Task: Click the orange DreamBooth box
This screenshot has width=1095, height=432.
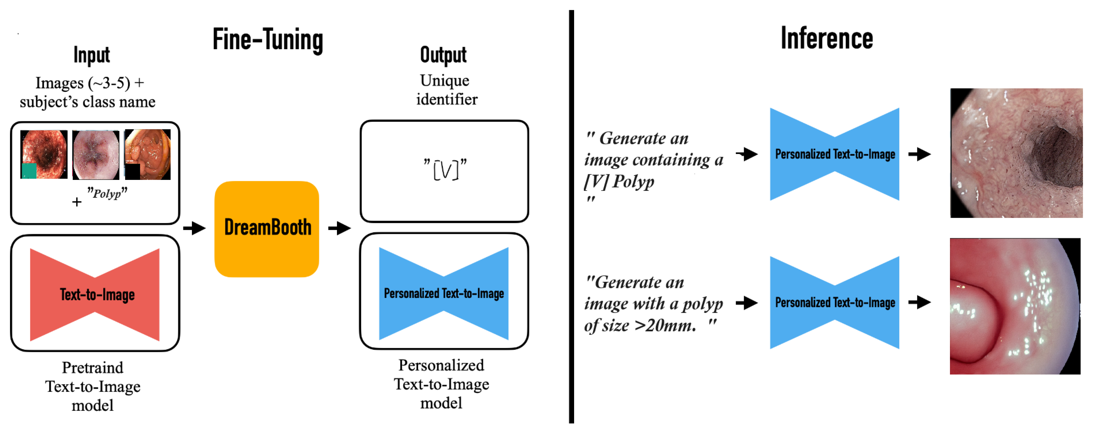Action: point(267,229)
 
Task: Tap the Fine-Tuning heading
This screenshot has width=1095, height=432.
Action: point(268,40)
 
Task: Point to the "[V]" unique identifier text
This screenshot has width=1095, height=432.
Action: point(445,169)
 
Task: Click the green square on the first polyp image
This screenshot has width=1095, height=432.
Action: point(29,171)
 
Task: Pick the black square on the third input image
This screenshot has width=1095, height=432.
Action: point(132,171)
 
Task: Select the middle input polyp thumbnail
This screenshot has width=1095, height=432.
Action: point(96,155)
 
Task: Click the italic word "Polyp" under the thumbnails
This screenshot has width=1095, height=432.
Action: point(107,194)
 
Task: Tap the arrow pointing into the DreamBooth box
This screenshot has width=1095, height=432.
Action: point(194,228)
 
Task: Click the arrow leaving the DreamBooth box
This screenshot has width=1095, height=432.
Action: point(339,228)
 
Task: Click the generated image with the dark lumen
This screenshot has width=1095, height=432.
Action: point(1016,153)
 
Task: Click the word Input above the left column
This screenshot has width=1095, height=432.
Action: point(91,55)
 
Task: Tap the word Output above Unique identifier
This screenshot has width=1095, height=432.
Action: point(443,55)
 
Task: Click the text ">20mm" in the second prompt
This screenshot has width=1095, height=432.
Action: point(665,326)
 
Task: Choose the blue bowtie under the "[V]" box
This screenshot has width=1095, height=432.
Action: point(443,293)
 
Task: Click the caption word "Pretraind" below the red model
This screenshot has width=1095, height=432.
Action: point(93,368)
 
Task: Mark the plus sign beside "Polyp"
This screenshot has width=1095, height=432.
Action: point(77,202)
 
